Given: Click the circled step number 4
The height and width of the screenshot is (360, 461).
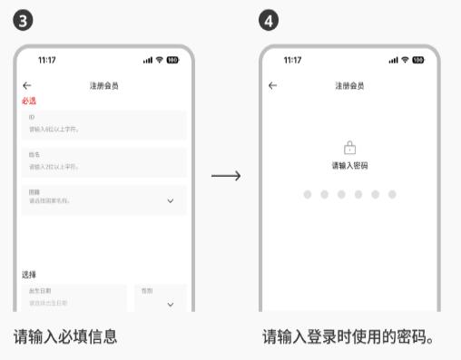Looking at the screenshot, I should click(266, 21).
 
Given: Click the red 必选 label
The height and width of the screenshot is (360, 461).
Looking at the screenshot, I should click(30, 101).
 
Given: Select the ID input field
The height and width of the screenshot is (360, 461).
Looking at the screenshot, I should click(104, 124).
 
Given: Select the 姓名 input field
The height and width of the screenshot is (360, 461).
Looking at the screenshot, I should click(104, 161).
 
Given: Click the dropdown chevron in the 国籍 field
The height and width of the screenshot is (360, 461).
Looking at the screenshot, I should click(171, 200).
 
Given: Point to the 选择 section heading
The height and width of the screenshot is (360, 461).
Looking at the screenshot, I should click(31, 274).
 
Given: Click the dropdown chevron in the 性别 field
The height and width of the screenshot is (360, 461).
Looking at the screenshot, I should click(171, 305).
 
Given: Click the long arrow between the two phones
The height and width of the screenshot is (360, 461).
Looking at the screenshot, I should click(225, 175).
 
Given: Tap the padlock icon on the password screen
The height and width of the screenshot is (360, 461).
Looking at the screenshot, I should click(349, 149).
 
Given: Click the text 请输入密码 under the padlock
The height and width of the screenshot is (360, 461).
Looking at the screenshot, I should click(349, 166).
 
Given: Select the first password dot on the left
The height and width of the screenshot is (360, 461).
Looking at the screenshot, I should click(308, 194).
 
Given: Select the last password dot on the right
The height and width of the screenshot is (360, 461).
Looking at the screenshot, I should click(392, 194).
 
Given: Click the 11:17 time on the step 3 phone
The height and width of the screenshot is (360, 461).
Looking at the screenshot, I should click(47, 61).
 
